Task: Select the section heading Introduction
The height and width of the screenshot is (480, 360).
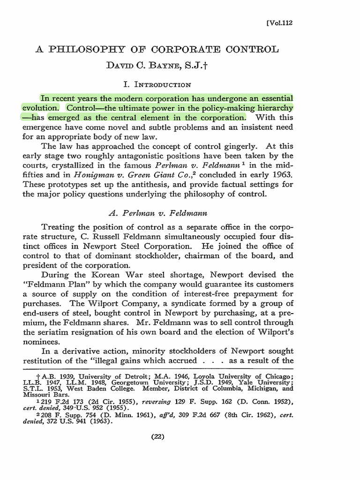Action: pyautogui.click(x=162, y=84)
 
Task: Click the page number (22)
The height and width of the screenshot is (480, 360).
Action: pyautogui.click(x=157, y=437)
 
